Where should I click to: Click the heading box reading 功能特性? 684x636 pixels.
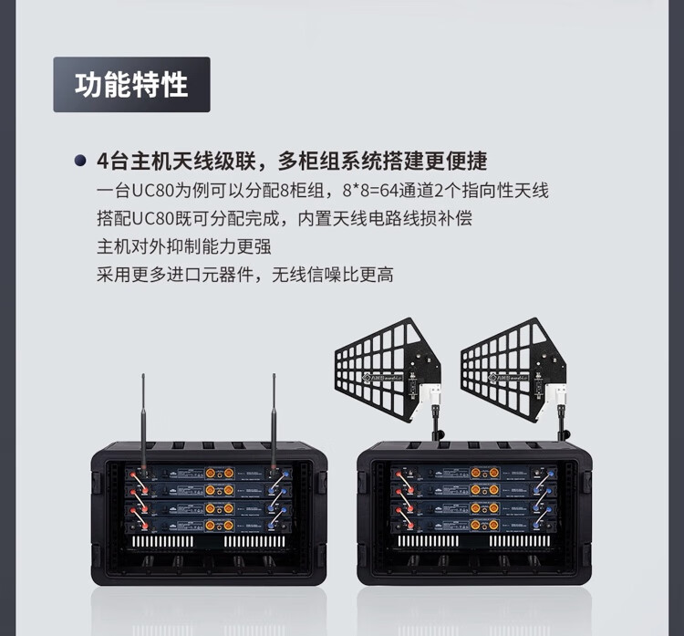131,85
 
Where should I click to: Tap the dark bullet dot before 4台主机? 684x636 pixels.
80,162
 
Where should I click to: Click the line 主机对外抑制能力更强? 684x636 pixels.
183,246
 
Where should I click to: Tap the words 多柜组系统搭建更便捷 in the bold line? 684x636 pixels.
384,162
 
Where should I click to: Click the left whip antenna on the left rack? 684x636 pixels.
142,420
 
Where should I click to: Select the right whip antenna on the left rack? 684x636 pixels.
273,420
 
